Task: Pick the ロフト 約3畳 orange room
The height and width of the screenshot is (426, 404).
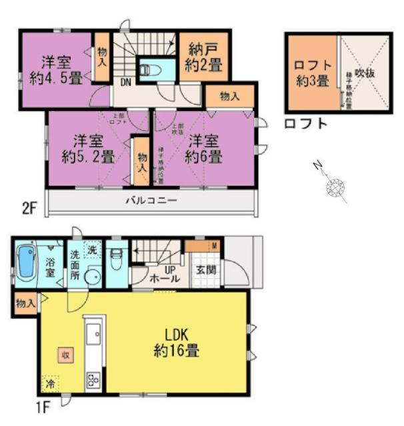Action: coord(311,73)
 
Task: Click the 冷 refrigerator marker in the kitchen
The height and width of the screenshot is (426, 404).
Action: coord(50,383)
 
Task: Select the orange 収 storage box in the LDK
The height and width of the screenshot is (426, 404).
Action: coord(65,355)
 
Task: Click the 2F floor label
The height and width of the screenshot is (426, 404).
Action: coord(28,208)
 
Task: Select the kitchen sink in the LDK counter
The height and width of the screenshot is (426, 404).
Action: coord(93,331)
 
